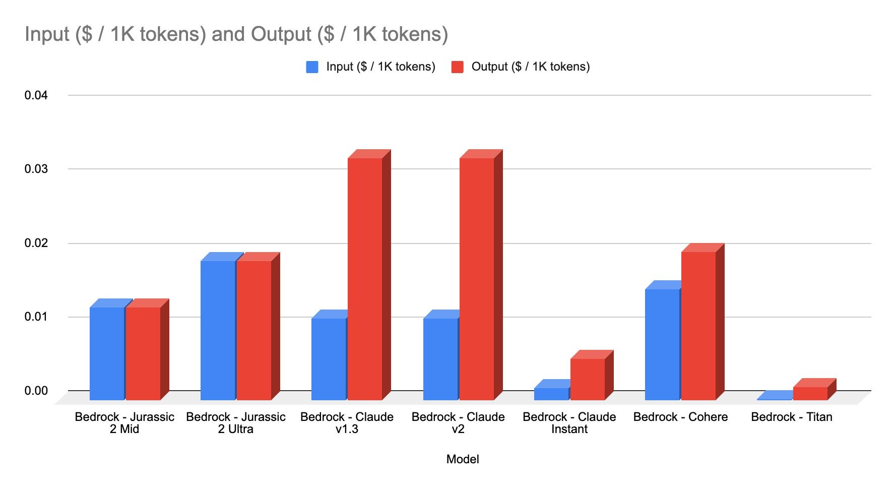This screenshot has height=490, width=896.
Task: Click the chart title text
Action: tap(236, 34)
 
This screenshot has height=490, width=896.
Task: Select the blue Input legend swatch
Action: tap(312, 67)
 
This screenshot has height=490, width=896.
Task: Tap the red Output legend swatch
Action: tap(457, 67)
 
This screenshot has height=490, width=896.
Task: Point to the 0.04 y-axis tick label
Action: tap(36, 95)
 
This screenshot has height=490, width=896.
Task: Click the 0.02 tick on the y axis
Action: tap(36, 243)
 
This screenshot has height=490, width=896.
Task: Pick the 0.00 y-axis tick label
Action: tap(36, 391)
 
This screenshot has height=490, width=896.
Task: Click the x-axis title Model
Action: tap(463, 459)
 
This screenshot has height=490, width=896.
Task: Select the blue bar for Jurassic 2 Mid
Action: tap(107, 353)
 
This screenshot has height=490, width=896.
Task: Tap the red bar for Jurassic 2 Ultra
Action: tap(254, 330)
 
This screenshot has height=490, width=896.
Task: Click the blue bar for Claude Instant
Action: tap(551, 394)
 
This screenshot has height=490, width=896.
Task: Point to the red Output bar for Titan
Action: tap(810, 393)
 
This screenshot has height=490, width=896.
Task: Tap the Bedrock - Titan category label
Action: tap(791, 417)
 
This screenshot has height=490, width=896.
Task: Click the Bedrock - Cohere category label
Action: tap(680, 417)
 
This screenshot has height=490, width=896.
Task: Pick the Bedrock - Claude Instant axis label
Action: tap(569, 423)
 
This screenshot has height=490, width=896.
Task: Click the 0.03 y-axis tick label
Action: tap(36, 169)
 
